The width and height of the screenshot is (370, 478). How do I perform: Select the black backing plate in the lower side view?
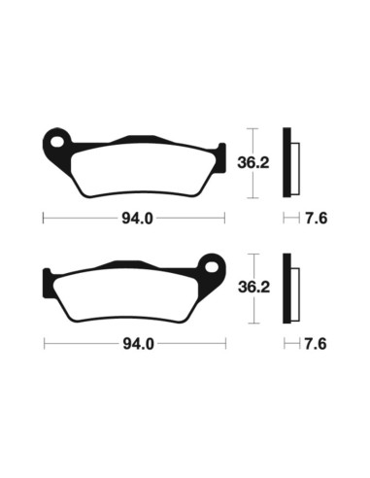[x=287, y=289]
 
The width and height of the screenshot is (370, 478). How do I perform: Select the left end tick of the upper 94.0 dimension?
[x=44, y=217]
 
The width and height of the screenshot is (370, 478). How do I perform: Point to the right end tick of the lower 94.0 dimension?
[x=225, y=343]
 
